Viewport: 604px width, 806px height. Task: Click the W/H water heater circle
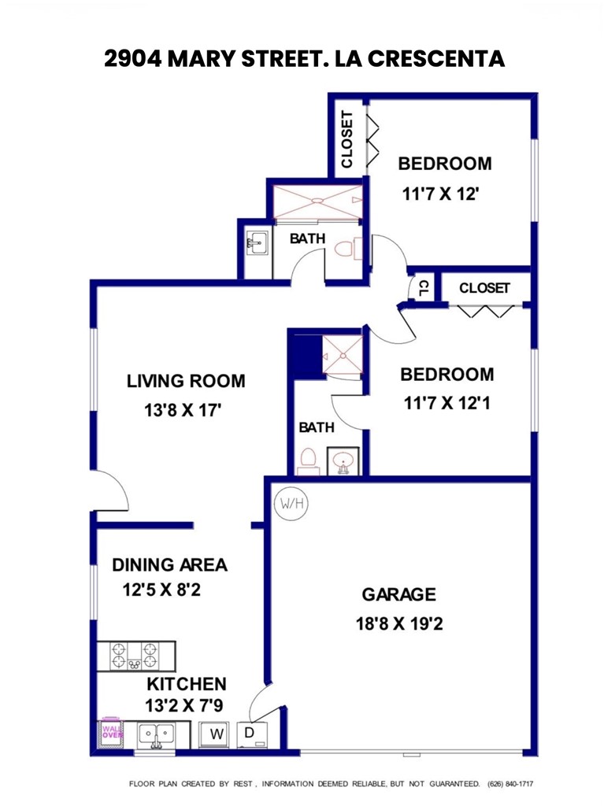click(x=291, y=504)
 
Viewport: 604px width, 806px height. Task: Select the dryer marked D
click(x=252, y=734)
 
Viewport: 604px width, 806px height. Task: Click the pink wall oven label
click(x=112, y=732)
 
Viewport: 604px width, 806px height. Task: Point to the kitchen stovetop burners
click(x=135, y=656)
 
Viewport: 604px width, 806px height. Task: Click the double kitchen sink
click(x=157, y=734)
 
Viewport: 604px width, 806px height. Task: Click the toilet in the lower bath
click(x=308, y=459)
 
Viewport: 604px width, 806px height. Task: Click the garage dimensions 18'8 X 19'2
click(x=399, y=623)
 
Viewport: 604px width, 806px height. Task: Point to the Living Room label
click(x=186, y=381)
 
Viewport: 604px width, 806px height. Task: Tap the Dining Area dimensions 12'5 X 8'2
click(x=161, y=590)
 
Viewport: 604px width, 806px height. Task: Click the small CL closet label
click(x=424, y=288)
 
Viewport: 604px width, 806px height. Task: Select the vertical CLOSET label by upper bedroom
click(x=346, y=139)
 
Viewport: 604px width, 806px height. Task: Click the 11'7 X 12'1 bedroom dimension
click(x=447, y=403)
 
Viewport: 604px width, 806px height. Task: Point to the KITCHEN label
click(x=187, y=684)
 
